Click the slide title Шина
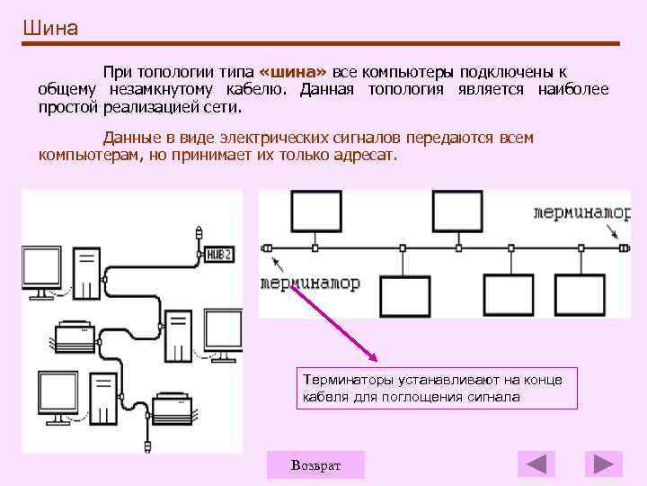[x=51, y=28]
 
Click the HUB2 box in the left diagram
[x=219, y=255]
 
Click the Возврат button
[x=315, y=464]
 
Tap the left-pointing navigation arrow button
[x=536, y=464]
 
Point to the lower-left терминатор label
[x=309, y=283]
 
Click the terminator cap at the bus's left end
[x=265, y=247]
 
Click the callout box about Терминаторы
[x=436, y=388]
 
